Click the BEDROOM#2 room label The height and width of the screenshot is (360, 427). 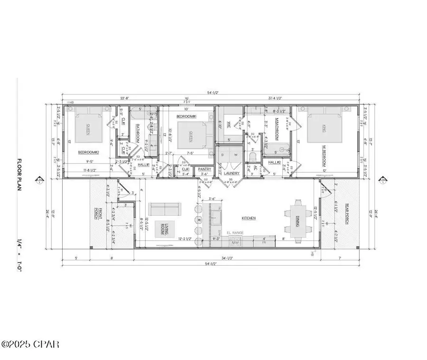coord(89,152)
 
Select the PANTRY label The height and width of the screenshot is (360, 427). coord(205,168)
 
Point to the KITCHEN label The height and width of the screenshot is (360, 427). coord(249,218)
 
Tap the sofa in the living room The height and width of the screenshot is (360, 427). coord(164,209)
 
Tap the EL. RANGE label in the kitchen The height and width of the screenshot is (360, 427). coord(235,232)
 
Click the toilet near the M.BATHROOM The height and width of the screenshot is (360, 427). coord(253,157)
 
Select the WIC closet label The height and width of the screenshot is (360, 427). coord(229,125)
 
